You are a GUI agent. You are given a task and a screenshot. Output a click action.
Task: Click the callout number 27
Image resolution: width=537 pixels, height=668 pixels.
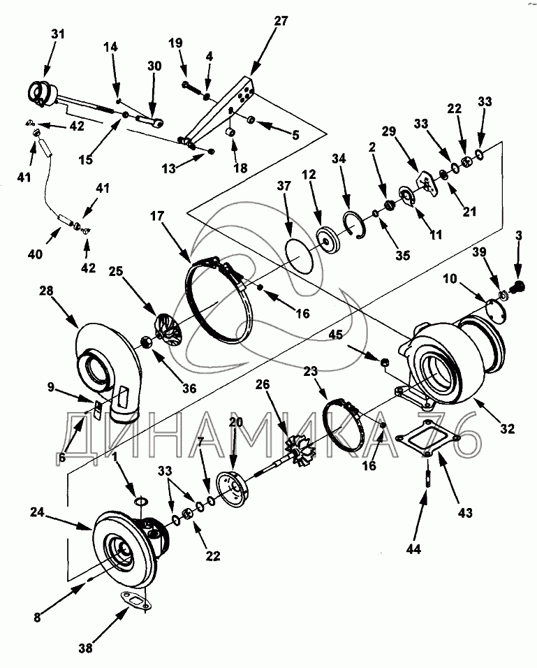pos(281,21)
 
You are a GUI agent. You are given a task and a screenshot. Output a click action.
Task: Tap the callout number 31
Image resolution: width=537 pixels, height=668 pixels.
pos(58,34)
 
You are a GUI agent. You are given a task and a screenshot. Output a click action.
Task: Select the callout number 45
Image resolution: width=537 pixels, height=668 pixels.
pos(336,335)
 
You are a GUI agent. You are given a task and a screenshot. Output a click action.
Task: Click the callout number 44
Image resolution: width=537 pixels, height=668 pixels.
pos(413,550)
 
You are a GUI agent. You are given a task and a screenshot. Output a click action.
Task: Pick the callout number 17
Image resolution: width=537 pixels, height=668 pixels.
pos(157,216)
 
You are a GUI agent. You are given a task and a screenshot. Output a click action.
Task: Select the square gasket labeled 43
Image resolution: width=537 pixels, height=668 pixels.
pos(427,437)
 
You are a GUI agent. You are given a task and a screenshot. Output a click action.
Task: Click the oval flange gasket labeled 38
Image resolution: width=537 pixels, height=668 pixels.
pos(135,601)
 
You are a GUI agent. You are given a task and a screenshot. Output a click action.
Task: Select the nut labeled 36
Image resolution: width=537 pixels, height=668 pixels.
pos(147,342)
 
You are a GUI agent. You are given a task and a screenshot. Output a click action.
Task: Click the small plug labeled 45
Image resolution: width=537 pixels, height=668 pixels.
pos(384,363)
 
